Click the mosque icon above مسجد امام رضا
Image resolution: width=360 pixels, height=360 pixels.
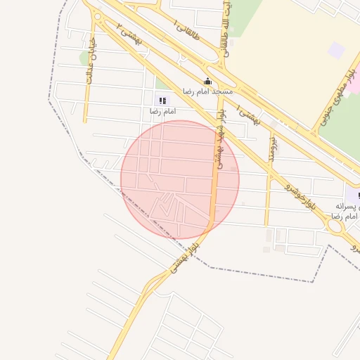[x=207, y=81]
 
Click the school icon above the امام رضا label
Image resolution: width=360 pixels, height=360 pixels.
[x=163, y=101]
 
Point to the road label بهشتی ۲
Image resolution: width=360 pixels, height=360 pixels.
[x=129, y=36]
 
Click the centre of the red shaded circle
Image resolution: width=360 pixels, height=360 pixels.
[x=180, y=179]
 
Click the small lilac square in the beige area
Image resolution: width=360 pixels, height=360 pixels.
[x=336, y=50]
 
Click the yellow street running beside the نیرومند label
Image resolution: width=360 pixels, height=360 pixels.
[x=268, y=183]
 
